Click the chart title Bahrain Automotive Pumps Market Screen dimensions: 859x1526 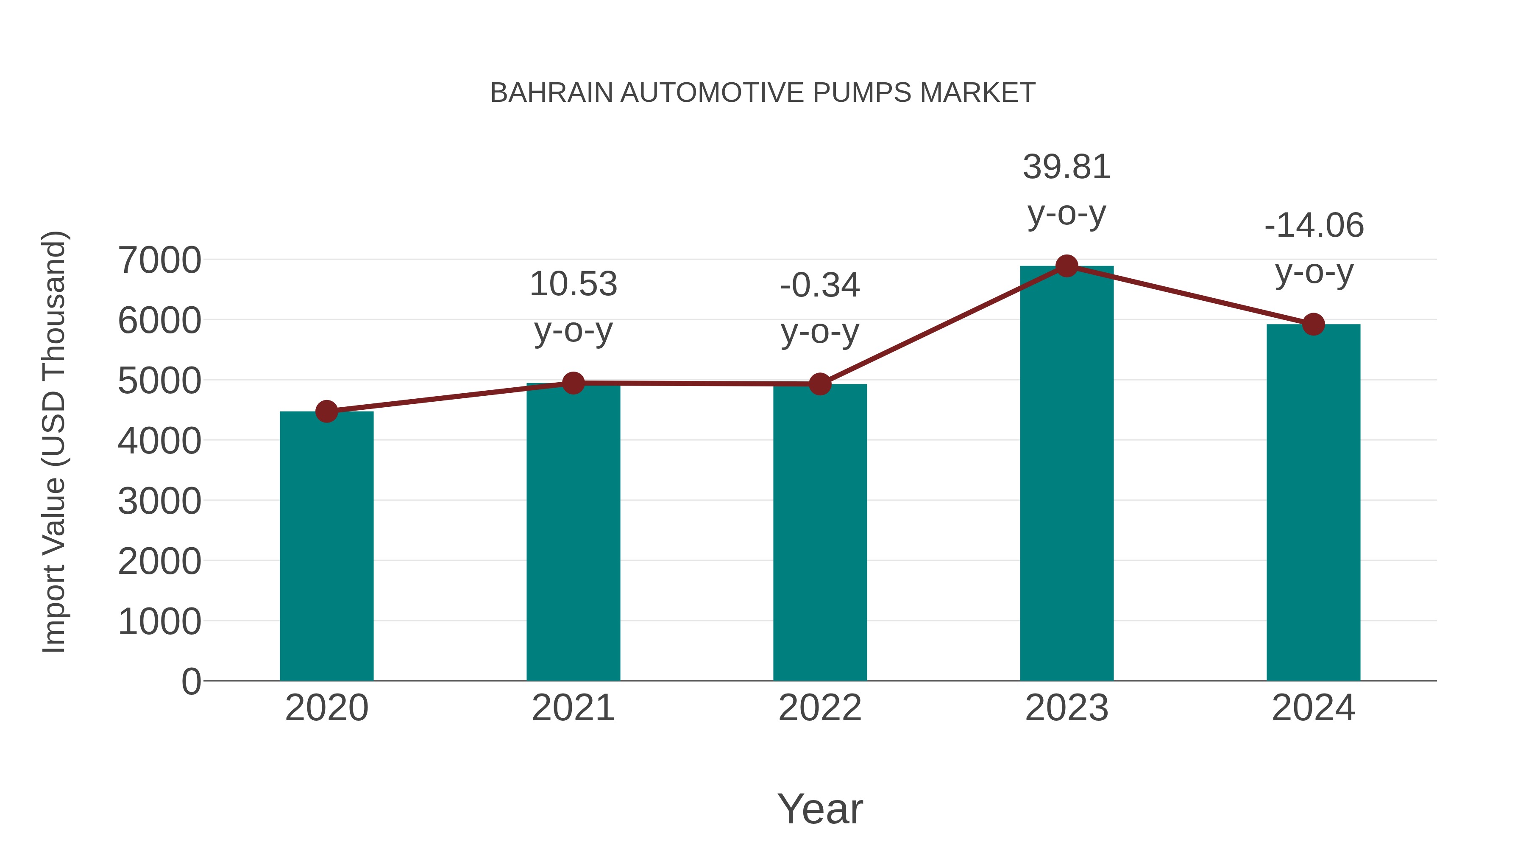pos(763,93)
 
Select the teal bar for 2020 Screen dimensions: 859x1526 pos(326,546)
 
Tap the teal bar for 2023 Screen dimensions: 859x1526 pos(1067,474)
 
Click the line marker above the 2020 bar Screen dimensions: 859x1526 pos(326,411)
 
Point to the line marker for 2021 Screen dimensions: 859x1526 pos(573,383)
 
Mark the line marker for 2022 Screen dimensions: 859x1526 pos(820,384)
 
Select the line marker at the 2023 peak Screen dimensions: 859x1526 pos(1067,266)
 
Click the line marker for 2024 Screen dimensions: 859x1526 pos(1313,324)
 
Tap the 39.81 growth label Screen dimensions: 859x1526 pos(1067,167)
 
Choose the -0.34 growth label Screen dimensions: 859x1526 pos(820,286)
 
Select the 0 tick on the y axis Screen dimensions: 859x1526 pos(191,681)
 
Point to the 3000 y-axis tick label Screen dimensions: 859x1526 pos(159,501)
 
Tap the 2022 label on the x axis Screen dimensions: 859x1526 pos(820,708)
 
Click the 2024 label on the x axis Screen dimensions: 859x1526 pos(1313,708)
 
